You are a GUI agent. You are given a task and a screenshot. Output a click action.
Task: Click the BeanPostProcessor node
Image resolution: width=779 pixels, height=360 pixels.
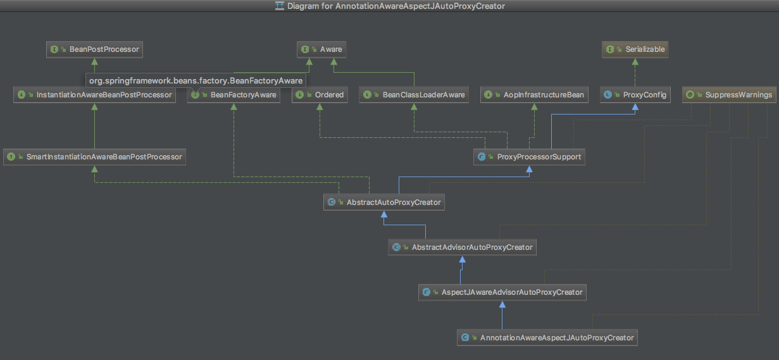click(94, 49)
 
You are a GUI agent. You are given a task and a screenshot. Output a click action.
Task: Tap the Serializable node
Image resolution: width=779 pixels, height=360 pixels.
click(635, 49)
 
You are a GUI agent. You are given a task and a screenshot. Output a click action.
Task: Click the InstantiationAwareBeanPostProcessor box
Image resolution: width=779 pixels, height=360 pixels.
click(95, 95)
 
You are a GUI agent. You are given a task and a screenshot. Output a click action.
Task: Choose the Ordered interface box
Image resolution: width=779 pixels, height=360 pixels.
click(320, 95)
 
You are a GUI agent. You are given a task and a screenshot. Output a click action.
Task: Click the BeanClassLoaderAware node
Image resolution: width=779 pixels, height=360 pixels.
click(414, 95)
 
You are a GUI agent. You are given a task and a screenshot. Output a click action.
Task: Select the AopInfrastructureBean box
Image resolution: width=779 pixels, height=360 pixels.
click(534, 95)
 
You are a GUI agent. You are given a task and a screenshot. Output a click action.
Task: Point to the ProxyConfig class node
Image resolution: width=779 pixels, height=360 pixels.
click(635, 95)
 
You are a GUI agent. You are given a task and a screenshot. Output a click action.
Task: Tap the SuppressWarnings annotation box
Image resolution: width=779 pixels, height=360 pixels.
click(730, 95)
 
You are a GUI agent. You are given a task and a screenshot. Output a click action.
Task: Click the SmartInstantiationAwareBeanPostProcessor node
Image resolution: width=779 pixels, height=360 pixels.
click(94, 156)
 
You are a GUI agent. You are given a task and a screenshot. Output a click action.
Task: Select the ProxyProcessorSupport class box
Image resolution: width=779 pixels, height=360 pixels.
click(529, 156)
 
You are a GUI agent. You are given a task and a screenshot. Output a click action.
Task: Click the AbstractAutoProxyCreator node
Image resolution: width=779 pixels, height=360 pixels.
click(384, 202)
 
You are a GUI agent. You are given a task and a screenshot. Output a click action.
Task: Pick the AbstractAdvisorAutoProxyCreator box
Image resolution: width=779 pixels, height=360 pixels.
click(463, 247)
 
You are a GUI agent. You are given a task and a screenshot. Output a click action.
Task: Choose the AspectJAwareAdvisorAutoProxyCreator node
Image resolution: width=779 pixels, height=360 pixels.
click(502, 292)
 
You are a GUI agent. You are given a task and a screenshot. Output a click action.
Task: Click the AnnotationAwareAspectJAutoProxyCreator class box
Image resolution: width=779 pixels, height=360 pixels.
click(547, 338)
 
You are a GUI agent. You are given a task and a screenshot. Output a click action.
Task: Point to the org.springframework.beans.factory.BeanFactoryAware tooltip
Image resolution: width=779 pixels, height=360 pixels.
click(196, 81)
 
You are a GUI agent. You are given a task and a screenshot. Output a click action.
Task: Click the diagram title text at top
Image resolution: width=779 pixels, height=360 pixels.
click(396, 6)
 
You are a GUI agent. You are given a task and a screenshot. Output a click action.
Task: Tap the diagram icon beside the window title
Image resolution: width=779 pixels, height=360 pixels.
click(279, 6)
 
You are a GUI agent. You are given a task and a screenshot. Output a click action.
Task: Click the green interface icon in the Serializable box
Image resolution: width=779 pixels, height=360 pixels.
click(611, 49)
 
